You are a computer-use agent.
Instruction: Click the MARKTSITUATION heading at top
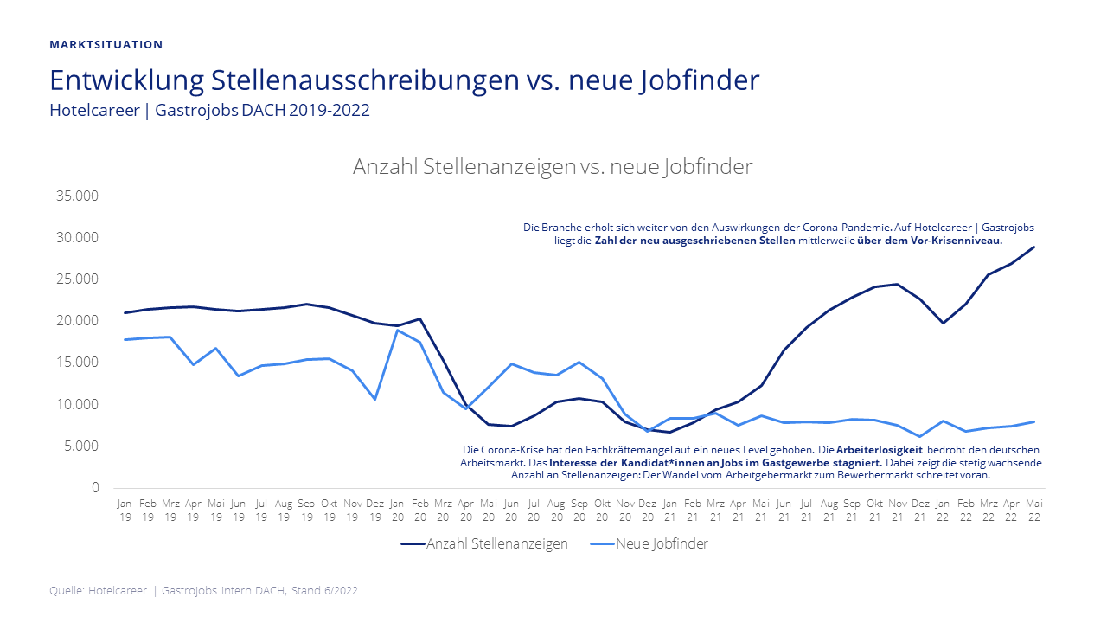click(106, 44)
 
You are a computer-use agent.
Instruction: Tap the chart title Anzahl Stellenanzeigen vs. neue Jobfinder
click(553, 167)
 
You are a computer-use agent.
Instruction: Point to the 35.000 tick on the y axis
click(78, 196)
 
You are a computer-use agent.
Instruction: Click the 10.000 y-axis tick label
click(78, 404)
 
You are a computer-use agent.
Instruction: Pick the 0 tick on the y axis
click(95, 488)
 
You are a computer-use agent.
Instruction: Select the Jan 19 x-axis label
click(125, 510)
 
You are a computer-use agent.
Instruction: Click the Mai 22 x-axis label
click(1033, 510)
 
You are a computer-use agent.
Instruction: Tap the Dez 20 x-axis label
click(647, 510)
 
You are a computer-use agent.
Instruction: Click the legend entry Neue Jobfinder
click(662, 544)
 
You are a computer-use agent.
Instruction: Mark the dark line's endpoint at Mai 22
click(1033, 247)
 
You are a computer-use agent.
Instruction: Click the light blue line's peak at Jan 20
click(397, 331)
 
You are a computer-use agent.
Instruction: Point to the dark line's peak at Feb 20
click(419, 318)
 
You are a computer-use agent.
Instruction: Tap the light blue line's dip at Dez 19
click(374, 399)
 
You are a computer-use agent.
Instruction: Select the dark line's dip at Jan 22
click(943, 323)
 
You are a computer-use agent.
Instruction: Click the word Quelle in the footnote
click(67, 591)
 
